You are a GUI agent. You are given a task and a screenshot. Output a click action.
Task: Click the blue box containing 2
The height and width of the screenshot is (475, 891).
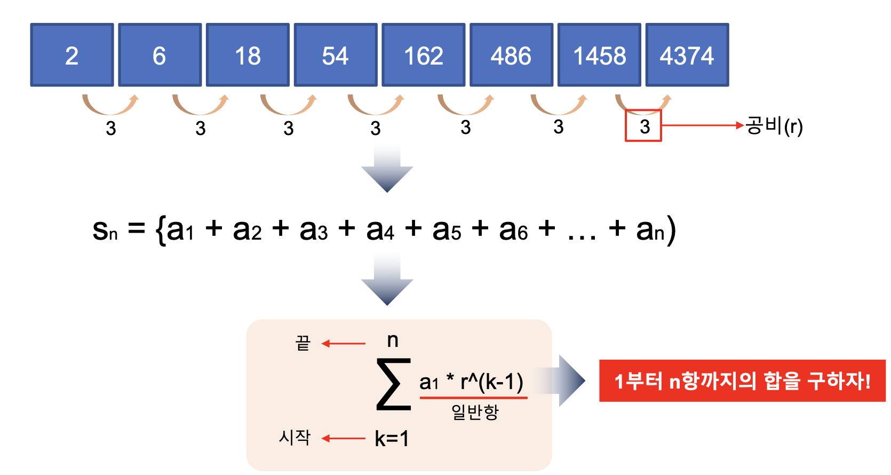pyautogui.click(x=72, y=55)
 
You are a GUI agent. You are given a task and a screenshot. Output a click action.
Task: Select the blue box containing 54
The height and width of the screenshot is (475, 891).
pyautogui.click(x=336, y=55)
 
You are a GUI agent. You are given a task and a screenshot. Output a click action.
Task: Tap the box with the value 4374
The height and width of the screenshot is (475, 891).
pyautogui.click(x=687, y=55)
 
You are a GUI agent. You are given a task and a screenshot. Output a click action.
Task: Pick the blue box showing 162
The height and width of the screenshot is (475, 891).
pyautogui.click(x=424, y=55)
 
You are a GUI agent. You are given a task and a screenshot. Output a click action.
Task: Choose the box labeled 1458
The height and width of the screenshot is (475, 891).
pyautogui.click(x=599, y=55)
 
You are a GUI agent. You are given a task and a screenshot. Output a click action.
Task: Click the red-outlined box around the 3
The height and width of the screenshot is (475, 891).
pyautogui.click(x=643, y=126)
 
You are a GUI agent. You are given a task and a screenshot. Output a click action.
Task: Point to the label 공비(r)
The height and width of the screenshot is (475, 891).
pyautogui.click(x=774, y=126)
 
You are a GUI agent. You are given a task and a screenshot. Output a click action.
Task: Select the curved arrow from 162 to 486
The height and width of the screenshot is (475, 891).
pyautogui.click(x=465, y=105)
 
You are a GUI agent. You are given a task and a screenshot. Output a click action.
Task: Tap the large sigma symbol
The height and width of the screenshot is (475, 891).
pyautogui.click(x=393, y=384)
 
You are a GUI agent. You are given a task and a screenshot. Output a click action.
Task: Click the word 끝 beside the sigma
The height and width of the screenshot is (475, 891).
pyautogui.click(x=303, y=343)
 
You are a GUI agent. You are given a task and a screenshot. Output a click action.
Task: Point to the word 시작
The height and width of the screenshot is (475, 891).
pyautogui.click(x=295, y=438)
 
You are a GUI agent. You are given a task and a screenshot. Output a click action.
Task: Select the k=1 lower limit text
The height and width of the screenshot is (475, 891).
pyautogui.click(x=392, y=439)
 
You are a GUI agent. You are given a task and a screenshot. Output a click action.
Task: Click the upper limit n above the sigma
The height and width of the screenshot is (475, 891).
pyautogui.click(x=393, y=340)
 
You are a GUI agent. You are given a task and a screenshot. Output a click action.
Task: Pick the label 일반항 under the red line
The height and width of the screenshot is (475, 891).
pyautogui.click(x=474, y=412)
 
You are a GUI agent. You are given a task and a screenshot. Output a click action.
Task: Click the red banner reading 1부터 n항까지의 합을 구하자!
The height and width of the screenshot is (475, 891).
pyautogui.click(x=742, y=381)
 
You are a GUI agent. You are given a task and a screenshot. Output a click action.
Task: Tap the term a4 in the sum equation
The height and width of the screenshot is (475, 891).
pyautogui.click(x=380, y=230)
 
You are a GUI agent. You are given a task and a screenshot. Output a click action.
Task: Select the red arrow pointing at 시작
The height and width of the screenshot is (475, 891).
pyautogui.click(x=344, y=439)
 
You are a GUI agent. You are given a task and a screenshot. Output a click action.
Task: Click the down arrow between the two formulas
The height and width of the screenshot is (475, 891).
pyautogui.click(x=387, y=279)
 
